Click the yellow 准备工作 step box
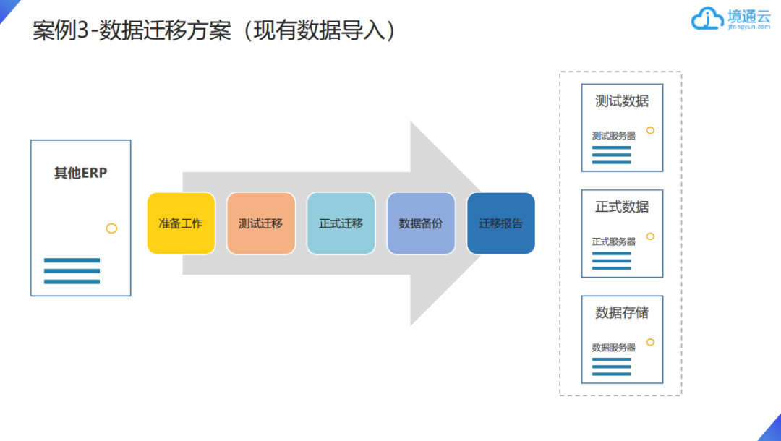181,223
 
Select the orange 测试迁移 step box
260,223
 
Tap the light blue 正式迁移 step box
341,223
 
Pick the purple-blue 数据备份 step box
421,223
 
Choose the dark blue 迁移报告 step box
500,223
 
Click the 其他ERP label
80,174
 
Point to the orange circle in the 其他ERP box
111,228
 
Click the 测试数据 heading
622,101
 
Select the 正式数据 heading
622,207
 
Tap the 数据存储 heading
622,312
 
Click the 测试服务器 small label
613,135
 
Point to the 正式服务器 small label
613,241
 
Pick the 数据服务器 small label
613,347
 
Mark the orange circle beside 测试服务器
650,130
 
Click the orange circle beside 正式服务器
650,236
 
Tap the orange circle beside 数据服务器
650,342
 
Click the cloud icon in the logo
707,19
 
